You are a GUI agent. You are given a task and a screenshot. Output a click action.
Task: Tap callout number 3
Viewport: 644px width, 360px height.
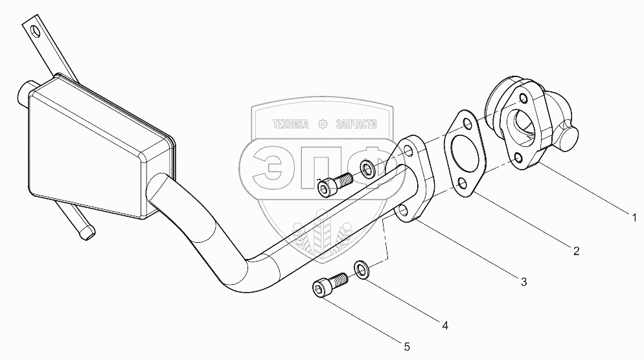point(523,281)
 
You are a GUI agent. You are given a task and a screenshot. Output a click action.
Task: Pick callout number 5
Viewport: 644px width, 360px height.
point(406,346)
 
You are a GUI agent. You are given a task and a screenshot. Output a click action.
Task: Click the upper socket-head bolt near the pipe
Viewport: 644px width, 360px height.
point(332,185)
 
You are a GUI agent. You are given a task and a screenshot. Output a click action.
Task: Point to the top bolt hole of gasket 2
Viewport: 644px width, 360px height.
point(463,122)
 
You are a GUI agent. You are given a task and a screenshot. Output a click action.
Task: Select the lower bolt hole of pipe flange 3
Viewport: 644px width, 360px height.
point(403,210)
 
